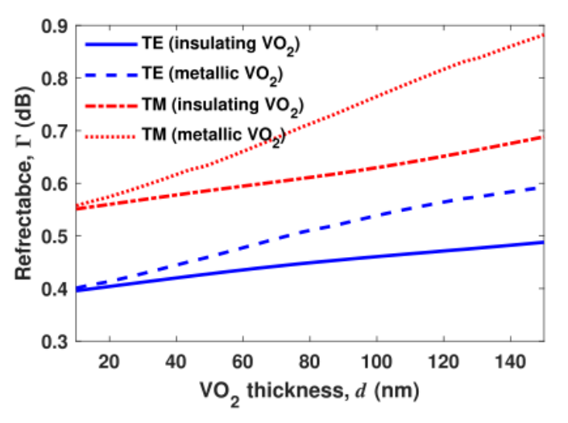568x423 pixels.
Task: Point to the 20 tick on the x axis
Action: [109, 360]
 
